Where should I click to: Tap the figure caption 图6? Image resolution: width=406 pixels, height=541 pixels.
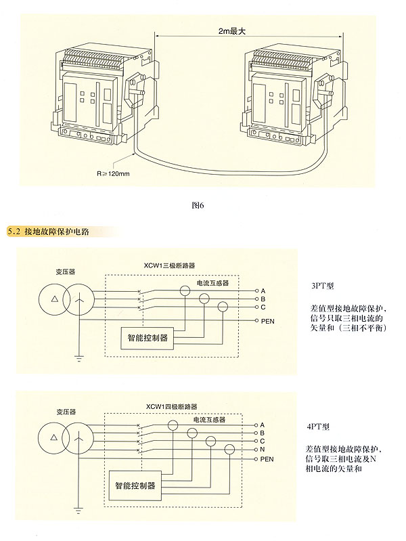[x=198, y=205]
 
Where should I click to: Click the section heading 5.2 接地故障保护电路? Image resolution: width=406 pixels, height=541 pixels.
[x=50, y=232]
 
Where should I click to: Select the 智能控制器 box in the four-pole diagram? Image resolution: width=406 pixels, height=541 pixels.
[x=134, y=485]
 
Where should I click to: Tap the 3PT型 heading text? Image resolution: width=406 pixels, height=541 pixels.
[x=320, y=286]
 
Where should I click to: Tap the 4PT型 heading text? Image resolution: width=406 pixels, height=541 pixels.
[x=317, y=427]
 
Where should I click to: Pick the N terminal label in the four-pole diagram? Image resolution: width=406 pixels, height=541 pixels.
[x=261, y=450]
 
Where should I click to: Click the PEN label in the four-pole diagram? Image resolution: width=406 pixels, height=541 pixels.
[x=267, y=458]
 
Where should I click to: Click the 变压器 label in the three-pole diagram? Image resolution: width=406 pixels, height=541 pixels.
[x=66, y=271]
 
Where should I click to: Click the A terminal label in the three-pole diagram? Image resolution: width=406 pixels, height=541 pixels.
[x=261, y=290]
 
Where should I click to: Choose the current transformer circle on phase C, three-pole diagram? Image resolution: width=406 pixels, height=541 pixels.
[x=223, y=307]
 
